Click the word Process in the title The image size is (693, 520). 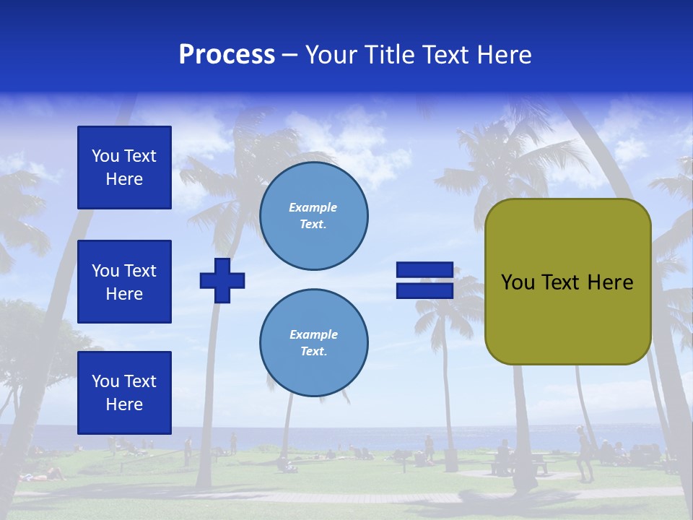pyautogui.click(x=227, y=55)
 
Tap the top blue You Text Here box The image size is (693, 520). pyautogui.click(x=124, y=168)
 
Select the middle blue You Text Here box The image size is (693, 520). pyautogui.click(x=124, y=282)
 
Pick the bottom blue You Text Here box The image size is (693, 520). pyautogui.click(x=124, y=393)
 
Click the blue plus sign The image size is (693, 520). pyautogui.click(x=222, y=280)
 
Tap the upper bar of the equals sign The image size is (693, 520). pyautogui.click(x=424, y=270)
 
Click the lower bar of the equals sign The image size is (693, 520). pyautogui.click(x=424, y=290)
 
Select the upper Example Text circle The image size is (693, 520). pyautogui.click(x=314, y=216)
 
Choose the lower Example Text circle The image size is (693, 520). pyautogui.click(x=314, y=343)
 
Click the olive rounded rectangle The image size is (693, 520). pyautogui.click(x=568, y=318)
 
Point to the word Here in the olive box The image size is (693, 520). pyautogui.click(x=610, y=282)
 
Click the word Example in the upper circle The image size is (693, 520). pyautogui.click(x=313, y=207)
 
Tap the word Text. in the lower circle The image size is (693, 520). pyautogui.click(x=313, y=352)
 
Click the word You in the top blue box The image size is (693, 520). pyautogui.click(x=105, y=156)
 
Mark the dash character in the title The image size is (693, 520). pyautogui.click(x=290, y=55)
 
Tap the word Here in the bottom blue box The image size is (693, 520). pyautogui.click(x=124, y=404)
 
